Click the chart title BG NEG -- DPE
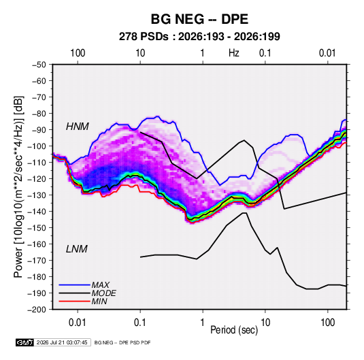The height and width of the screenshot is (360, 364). tap(199, 19)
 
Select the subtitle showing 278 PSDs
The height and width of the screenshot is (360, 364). tap(199, 37)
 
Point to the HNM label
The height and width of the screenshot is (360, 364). tap(78, 127)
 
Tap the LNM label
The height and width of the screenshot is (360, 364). tap(77, 249)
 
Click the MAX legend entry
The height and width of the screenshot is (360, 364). tap(100, 285)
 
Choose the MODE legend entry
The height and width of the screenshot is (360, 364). tap(104, 293)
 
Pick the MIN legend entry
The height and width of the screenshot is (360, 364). tap(99, 301)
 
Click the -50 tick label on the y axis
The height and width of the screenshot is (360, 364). tap(39, 65)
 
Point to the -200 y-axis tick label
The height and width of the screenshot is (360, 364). tap(37, 310)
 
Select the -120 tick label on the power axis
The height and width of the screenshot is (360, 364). tap(37, 179)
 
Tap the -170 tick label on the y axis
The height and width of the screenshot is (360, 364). tap(37, 261)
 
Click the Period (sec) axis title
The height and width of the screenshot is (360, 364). tap(234, 330)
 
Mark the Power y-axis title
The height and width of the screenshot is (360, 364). tap(18, 187)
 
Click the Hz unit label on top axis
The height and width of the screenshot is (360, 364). tap(234, 53)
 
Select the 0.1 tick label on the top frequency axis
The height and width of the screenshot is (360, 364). tap(265, 53)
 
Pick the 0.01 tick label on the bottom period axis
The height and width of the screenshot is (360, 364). tap(78, 323)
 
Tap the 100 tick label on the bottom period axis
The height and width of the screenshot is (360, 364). tap(327, 323)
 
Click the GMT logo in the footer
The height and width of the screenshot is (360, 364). tap(25, 342)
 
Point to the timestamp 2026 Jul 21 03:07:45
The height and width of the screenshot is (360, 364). tap(62, 342)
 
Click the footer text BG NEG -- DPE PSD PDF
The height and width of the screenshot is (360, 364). tap(122, 342)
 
